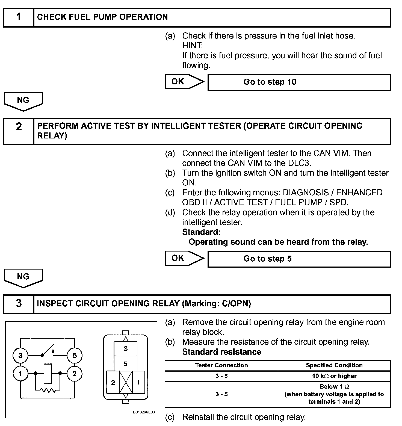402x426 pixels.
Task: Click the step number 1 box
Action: pos(19,17)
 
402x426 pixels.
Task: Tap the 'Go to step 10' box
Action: pos(299,82)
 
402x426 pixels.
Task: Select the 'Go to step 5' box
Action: pos(299,259)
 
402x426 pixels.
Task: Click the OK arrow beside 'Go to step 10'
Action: pos(184,82)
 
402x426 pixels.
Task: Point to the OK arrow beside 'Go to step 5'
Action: pos(184,258)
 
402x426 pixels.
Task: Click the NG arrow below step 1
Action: pos(23,101)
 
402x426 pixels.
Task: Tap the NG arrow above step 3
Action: pos(23,278)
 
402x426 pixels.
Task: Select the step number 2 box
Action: pos(19,131)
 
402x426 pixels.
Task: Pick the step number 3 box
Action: pos(19,304)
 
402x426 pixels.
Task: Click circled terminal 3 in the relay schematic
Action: pos(20,356)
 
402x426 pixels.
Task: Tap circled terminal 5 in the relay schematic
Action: pos(75,356)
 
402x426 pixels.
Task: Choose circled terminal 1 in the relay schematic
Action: pos(20,373)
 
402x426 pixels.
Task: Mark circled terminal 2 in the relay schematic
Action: pos(75,373)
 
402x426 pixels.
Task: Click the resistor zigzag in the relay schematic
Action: pos(48,390)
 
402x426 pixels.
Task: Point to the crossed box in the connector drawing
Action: pos(126,382)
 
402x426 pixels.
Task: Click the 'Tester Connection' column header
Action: pos(221,365)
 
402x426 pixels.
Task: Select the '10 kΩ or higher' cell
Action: pos(334,376)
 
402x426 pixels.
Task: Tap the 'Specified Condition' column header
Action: pos(334,365)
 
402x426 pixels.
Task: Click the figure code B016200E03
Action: pos(144,412)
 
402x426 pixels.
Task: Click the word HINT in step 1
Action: pos(193,46)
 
